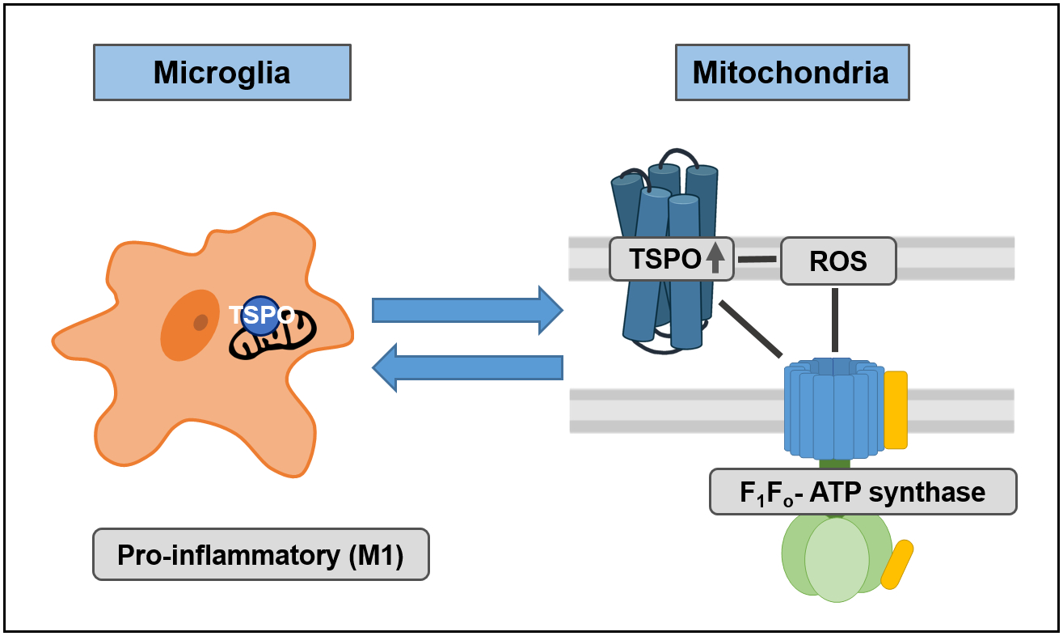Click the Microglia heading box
point(222,73)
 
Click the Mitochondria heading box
point(791,73)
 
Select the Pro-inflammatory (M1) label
point(260,555)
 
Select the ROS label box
point(837,261)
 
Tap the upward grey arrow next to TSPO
point(715,258)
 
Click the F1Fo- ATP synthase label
point(863,491)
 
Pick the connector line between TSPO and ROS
point(757,259)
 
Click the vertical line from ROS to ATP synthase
point(834,320)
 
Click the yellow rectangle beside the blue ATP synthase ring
point(896,409)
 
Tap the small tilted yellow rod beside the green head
point(896,565)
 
